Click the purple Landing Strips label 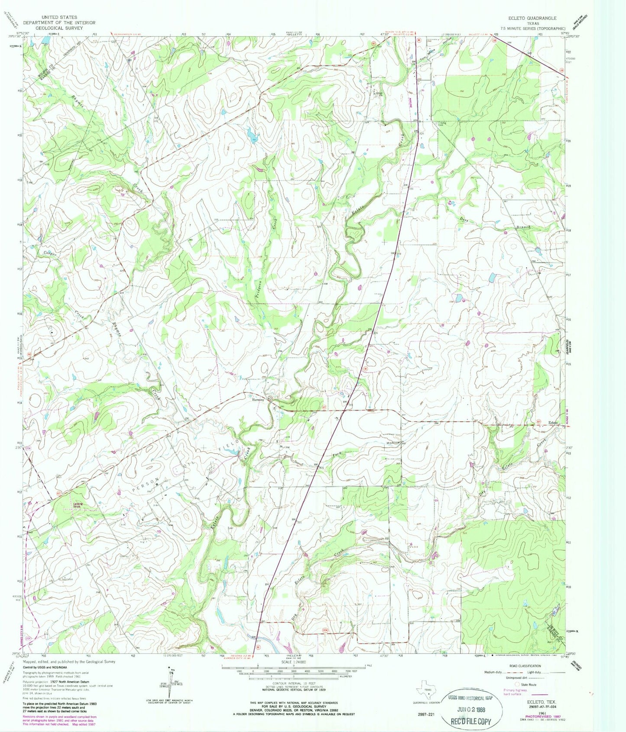pyautogui.click(x=78, y=505)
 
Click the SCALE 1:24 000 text pyautogui.click(x=295, y=662)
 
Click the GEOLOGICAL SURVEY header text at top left pyautogui.click(x=59, y=27)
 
